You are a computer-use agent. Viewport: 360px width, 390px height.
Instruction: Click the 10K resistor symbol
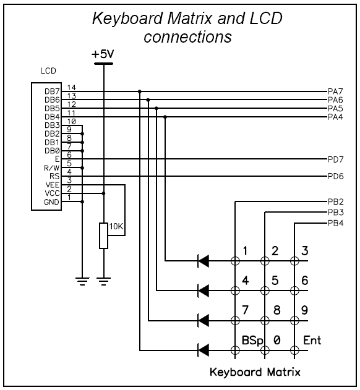[103, 235]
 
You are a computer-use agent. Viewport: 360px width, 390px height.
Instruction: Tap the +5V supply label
[103, 54]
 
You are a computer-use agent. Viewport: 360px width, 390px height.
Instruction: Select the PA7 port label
[335, 91]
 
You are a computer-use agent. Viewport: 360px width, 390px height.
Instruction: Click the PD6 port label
[336, 176]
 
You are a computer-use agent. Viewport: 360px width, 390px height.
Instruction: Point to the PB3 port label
[336, 213]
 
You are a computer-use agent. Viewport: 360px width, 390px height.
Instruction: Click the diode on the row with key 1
[204, 261]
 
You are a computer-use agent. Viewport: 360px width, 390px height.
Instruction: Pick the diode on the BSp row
[204, 350]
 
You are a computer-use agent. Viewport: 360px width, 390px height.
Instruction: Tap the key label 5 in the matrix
[275, 281]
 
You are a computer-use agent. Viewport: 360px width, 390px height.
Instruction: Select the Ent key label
[312, 340]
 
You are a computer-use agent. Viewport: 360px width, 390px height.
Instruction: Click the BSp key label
[252, 341]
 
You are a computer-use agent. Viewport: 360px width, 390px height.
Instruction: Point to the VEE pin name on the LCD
[53, 185]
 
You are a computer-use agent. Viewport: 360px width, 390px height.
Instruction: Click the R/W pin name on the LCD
[52, 168]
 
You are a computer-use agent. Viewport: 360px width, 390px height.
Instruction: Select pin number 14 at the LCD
[72, 88]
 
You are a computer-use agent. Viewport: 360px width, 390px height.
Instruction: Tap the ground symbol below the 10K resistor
[103, 281]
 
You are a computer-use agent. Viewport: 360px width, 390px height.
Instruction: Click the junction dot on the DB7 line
[139, 91]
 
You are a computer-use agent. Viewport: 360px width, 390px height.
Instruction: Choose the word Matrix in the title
[191, 19]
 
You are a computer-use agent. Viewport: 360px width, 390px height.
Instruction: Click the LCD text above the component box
[48, 71]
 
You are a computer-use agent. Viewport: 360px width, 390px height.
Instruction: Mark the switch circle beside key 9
[294, 321]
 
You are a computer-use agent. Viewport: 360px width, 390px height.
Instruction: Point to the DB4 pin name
[53, 117]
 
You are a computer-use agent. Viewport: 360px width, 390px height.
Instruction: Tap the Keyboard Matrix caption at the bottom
[255, 372]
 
